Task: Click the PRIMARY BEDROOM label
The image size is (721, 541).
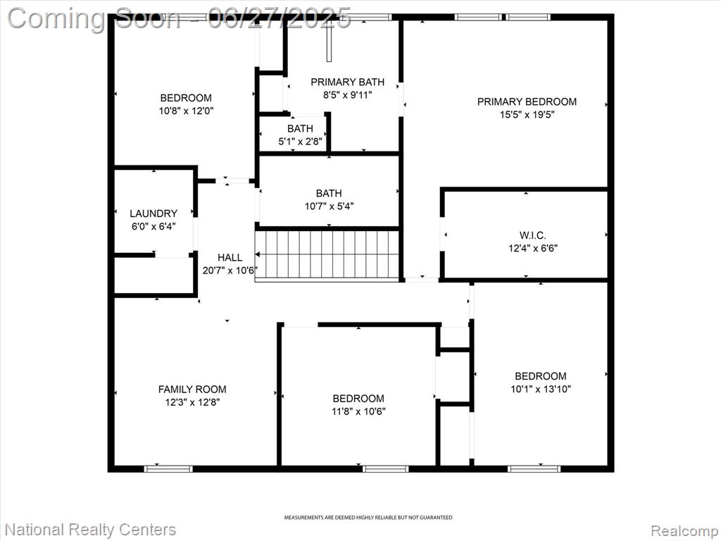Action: point(527,101)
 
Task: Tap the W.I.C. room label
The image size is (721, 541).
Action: point(533,235)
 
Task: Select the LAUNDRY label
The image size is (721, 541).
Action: point(153,213)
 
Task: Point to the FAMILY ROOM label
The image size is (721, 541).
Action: point(192,389)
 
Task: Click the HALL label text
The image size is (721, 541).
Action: point(230,258)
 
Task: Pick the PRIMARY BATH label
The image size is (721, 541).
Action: point(348,82)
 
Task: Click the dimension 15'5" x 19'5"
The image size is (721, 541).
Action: point(527,115)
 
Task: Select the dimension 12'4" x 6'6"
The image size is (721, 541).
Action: point(533,249)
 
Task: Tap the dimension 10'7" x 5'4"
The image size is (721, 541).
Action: point(329,206)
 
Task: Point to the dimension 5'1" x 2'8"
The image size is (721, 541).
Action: point(300,141)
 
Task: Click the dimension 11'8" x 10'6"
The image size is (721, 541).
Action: point(358,411)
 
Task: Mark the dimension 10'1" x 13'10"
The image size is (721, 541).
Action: point(541,389)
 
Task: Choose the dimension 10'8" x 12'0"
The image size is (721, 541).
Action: point(186,111)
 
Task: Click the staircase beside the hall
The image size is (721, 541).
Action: point(327,255)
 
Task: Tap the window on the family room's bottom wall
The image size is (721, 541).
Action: point(168,468)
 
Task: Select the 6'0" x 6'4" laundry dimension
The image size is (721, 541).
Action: point(153,226)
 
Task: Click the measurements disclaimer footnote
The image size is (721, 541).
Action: point(368,518)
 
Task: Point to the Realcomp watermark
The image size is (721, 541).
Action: point(685,531)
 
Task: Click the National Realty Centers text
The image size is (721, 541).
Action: point(90,530)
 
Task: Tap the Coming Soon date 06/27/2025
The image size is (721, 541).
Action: point(280,18)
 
